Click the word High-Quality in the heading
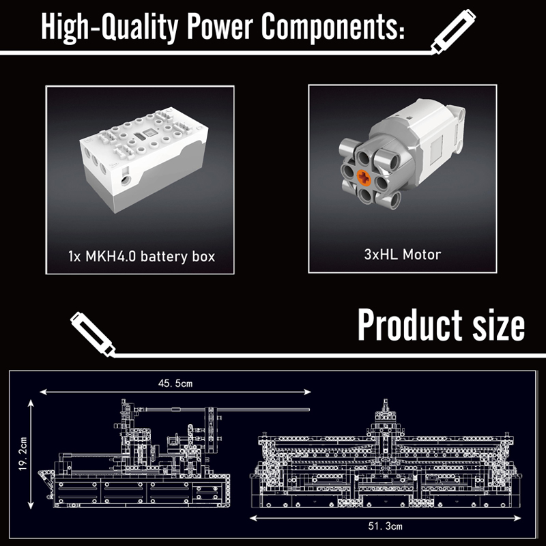[110, 27]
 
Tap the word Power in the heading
[220, 27]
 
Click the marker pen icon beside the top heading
[453, 31]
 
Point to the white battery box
[143, 159]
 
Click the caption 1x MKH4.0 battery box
[141, 257]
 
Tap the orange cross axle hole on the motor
[364, 178]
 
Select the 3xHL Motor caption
[403, 255]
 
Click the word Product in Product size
[410, 325]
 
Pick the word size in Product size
[498, 326]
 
